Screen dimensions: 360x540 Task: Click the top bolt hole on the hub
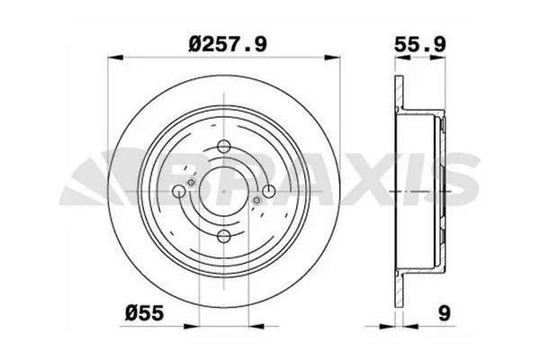tap(220, 150)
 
